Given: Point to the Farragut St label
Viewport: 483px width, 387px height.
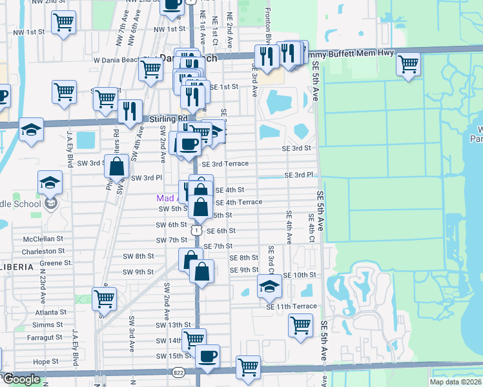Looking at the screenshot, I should (46, 337).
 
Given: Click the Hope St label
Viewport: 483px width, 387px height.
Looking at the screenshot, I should (46, 362).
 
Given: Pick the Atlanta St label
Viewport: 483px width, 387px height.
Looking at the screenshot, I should (50, 312).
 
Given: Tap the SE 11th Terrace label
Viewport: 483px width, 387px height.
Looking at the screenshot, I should (291, 306).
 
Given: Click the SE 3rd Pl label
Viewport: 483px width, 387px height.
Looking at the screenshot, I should (299, 175).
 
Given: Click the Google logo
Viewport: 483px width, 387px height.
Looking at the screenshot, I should (21, 379).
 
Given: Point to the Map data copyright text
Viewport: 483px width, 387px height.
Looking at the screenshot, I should (456, 382).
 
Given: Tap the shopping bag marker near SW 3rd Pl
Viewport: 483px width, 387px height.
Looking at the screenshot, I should (116, 166).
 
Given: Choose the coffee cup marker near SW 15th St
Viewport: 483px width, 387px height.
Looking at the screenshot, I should (207, 356).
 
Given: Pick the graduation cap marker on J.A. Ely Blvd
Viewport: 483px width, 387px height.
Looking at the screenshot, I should (50, 183).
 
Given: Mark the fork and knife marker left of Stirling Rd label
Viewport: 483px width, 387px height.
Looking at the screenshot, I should (130, 111).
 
